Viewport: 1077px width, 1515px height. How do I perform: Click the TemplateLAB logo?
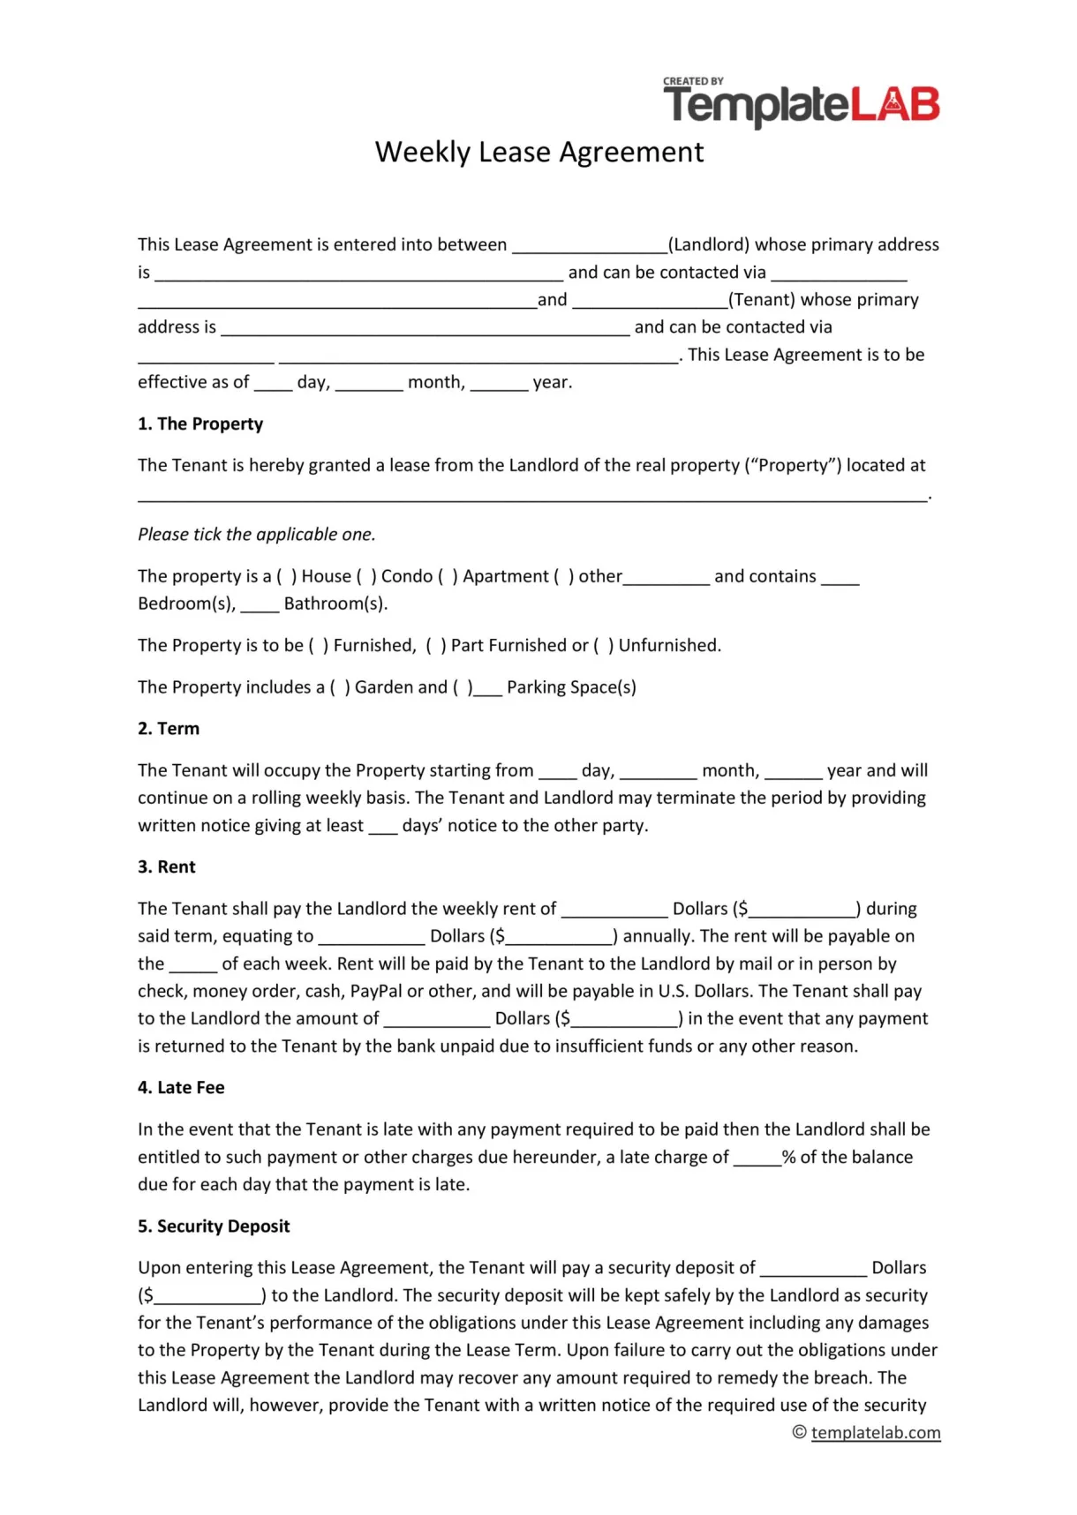[801, 104]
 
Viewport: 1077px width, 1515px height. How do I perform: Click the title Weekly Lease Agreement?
[538, 152]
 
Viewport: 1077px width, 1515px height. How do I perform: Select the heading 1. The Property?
[200, 424]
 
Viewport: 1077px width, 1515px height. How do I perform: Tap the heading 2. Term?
[169, 728]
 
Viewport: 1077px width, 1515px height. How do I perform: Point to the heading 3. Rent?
[167, 866]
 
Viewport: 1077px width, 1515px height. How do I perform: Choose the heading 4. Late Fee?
[181, 1087]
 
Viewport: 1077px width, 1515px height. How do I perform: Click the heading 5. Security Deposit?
[214, 1226]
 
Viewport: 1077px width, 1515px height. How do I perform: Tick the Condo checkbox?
[366, 576]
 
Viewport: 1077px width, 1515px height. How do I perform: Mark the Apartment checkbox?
[448, 576]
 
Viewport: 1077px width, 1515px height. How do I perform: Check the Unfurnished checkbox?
[603, 645]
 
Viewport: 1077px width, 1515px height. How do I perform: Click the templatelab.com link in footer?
[875, 1432]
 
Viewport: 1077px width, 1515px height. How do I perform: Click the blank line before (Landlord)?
[590, 246]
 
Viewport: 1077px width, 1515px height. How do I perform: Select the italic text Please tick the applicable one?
[257, 534]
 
